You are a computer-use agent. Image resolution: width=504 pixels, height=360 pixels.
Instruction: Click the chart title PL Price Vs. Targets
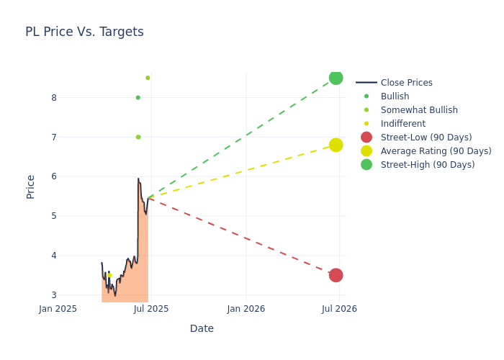coord(84,32)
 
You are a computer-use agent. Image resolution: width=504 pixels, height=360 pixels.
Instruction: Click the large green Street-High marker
coord(336,78)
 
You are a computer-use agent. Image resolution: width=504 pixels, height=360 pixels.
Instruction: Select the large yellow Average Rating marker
coord(336,145)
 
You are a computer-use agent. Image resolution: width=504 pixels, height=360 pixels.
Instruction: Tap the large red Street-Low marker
coord(336,275)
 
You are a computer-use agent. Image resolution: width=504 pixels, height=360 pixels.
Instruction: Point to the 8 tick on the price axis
coord(54,98)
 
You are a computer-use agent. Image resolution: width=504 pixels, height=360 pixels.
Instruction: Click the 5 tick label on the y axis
coord(54,216)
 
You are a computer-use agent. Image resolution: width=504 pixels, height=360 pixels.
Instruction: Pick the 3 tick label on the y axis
coord(54,295)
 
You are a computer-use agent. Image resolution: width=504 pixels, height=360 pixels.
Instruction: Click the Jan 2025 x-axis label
coord(58,309)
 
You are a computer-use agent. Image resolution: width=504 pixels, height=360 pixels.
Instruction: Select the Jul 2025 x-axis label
coord(152,309)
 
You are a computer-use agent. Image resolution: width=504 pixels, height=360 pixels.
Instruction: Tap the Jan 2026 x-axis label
coord(246,309)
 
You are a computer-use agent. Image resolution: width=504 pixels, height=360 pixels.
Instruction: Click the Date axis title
coord(202,328)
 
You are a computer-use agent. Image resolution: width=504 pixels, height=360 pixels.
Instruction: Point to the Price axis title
coord(30,186)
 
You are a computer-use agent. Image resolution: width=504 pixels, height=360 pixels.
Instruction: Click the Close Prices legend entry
coord(406,83)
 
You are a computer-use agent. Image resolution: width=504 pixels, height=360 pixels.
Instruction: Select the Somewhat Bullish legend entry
coord(418,110)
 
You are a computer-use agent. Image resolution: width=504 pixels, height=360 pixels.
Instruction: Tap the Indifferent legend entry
coord(402,124)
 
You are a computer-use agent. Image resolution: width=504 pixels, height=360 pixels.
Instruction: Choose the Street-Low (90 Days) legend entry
coord(426,138)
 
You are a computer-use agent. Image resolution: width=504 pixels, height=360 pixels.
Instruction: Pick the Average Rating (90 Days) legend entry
coord(436,151)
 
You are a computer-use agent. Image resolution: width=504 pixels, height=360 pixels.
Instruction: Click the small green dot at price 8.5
coord(148,78)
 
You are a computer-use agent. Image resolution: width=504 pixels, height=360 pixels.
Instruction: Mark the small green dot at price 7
coord(138,137)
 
